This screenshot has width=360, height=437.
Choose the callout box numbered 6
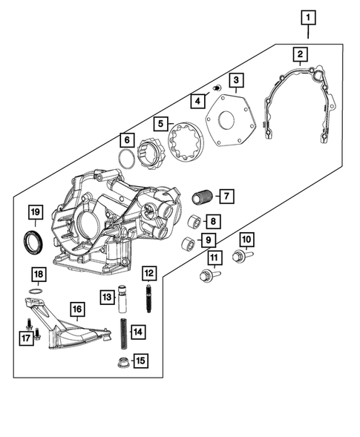click(x=126, y=139)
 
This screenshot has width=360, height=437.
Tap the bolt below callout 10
click(x=239, y=257)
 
